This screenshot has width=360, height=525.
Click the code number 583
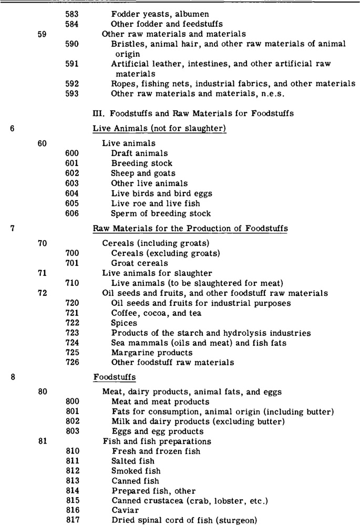[72, 14]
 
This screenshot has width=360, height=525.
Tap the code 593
[72, 94]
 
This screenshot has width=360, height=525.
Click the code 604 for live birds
[72, 193]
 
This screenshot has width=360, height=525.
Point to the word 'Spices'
[124, 323]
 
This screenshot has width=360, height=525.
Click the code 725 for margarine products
[72, 353]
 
